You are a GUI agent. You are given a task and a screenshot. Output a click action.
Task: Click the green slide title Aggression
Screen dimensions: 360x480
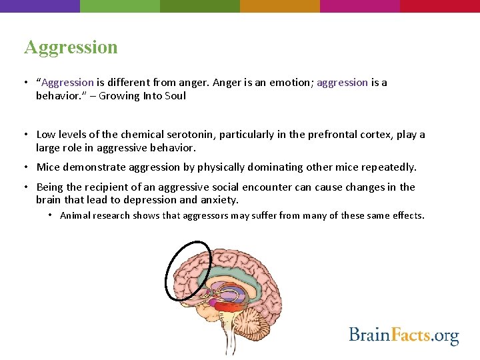coord(71,47)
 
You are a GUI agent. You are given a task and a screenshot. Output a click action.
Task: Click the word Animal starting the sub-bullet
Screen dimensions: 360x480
coord(75,215)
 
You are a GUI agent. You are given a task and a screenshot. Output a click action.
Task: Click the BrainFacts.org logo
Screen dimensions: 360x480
coord(404,335)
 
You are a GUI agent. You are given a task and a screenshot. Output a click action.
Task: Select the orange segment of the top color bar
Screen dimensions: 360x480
coord(280,6)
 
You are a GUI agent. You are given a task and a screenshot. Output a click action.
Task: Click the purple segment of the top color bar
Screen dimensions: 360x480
coord(40,6)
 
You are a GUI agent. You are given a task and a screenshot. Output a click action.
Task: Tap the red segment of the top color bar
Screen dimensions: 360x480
coord(440,6)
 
